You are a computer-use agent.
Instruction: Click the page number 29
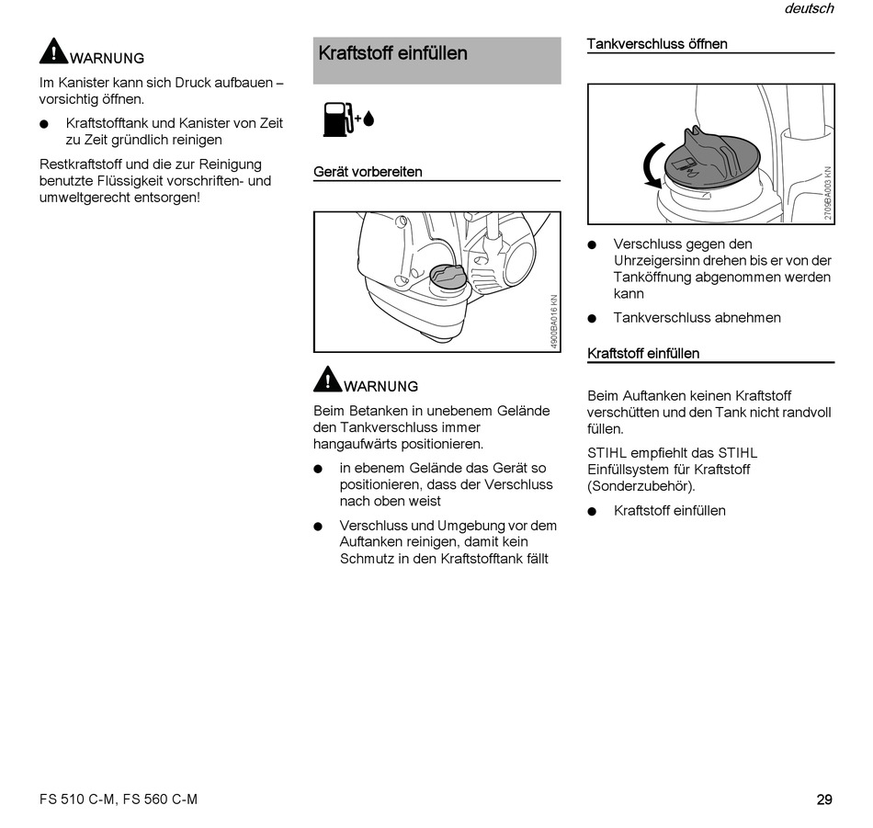823,800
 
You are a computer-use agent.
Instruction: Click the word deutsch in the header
809,9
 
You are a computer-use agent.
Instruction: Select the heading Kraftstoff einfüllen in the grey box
392,53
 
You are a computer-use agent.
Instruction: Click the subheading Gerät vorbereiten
368,172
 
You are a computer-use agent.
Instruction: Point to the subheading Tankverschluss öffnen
656,44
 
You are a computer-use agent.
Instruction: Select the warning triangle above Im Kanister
53,51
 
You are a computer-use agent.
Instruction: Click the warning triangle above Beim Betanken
327,379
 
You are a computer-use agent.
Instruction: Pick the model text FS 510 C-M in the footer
78,800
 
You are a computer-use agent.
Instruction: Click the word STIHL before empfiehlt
608,453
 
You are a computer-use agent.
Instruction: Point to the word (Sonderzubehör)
641,486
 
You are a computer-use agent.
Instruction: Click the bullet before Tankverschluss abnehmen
593,319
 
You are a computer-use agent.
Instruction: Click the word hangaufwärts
353,444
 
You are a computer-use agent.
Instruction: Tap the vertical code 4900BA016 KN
553,320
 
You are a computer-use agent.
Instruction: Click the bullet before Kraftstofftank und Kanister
44,124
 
